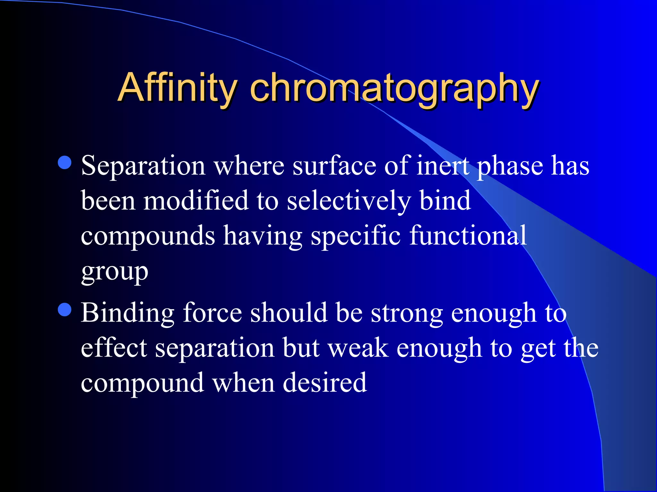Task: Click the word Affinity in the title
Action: point(177,87)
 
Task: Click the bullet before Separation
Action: point(65,163)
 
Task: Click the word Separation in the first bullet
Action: point(143,166)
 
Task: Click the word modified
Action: point(196,201)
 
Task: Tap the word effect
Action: point(114,348)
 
